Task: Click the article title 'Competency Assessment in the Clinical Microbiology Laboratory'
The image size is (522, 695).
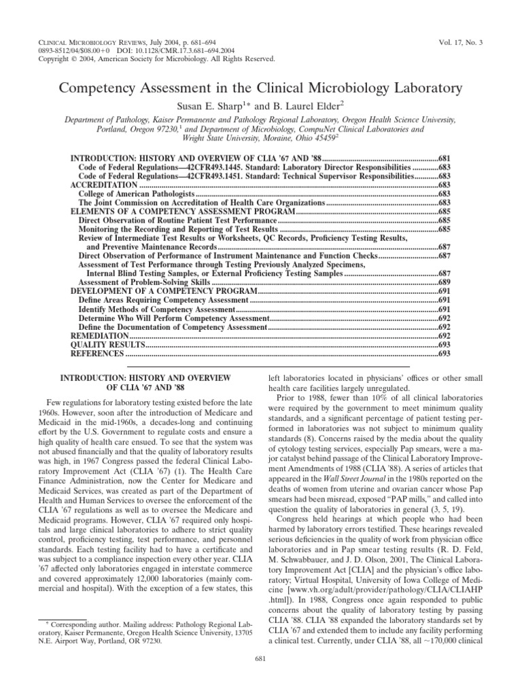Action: (260, 88)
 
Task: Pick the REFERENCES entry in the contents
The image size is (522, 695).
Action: (98, 354)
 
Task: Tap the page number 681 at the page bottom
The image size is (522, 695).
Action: (261, 679)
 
